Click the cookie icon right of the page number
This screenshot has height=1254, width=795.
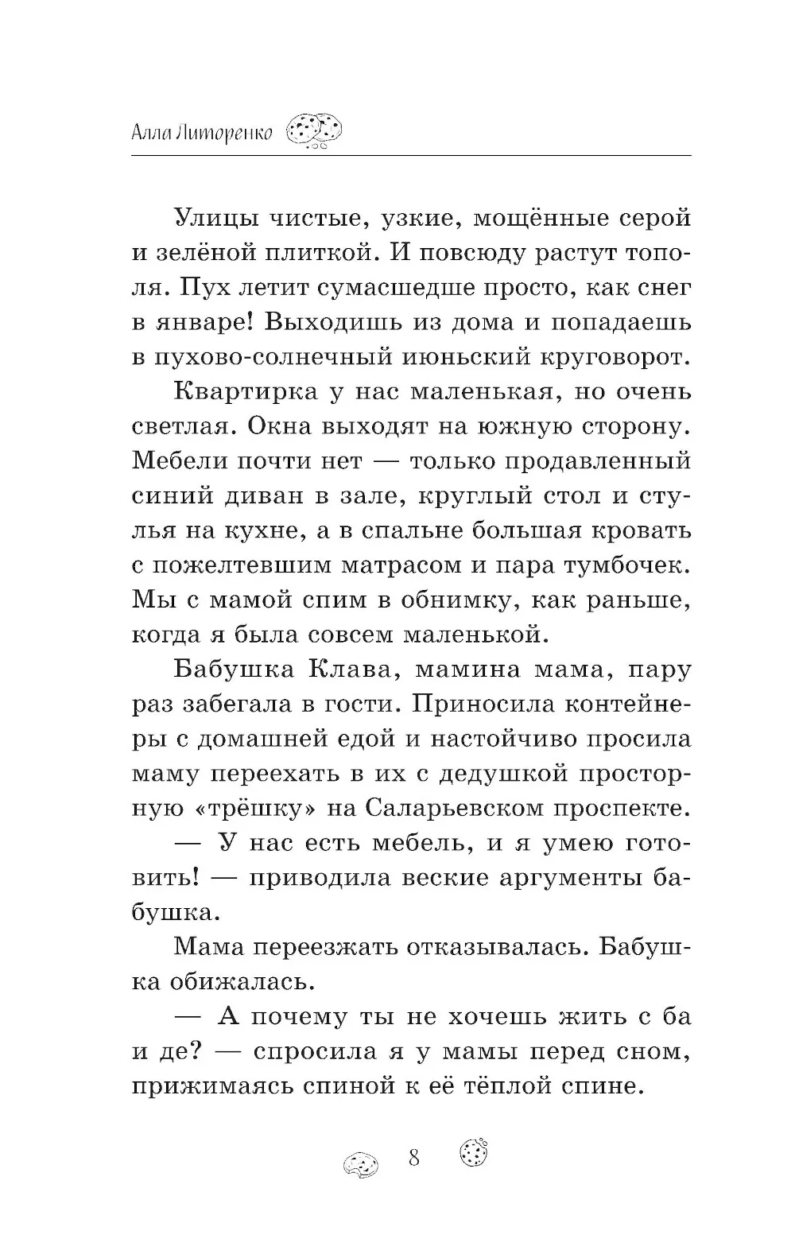473,1151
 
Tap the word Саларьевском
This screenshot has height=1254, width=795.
467,808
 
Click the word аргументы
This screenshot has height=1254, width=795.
545,877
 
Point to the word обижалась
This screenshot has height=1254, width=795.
242,981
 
